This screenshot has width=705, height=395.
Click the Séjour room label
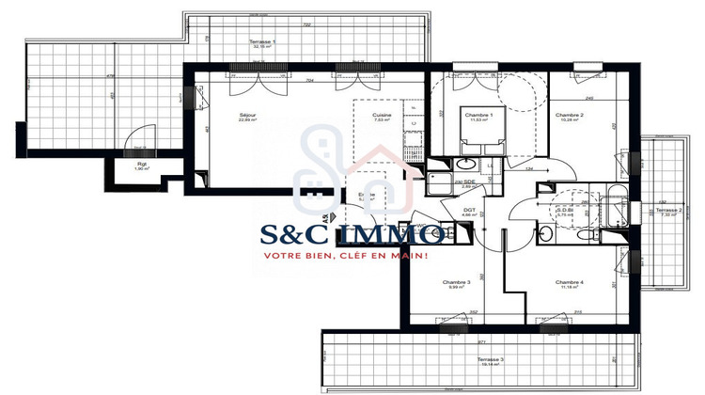[247, 115]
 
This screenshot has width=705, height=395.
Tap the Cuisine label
[381, 115]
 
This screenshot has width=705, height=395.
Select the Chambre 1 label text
[478, 114]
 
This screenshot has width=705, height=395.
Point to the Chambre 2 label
[571, 115]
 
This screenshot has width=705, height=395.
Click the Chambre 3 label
[456, 282]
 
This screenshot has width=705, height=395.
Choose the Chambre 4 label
[569, 282]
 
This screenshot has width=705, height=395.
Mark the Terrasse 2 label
[668, 210]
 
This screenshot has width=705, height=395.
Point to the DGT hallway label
[469, 211]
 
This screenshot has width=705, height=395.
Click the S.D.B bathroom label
[564, 210]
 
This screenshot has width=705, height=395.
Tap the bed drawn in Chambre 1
[478, 139]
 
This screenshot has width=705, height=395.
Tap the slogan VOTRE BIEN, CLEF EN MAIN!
[346, 256]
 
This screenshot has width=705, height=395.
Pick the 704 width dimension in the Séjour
[311, 82]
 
